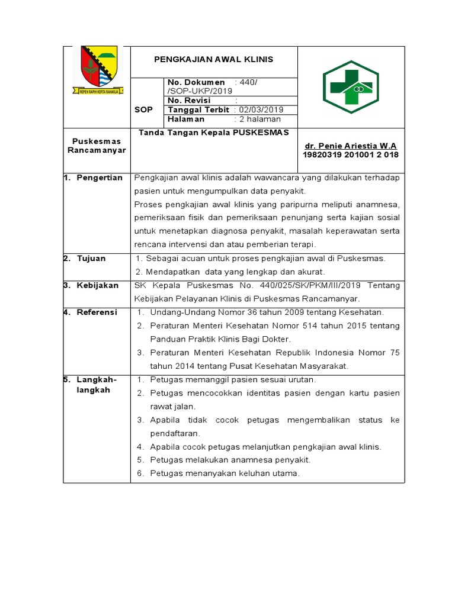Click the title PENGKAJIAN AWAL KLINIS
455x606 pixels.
214,60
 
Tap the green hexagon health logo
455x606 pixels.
351,88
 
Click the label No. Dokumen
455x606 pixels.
197,82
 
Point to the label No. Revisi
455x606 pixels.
190,101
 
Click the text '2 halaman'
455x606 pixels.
260,119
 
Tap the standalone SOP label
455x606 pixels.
144,109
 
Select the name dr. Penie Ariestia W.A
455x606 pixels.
350,146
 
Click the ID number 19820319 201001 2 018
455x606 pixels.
351,155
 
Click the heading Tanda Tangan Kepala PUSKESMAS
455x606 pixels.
214,133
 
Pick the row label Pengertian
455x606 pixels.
100,178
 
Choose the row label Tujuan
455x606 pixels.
91,259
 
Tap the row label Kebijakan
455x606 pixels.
98,285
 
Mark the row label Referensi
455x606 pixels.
97,312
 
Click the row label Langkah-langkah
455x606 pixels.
97,385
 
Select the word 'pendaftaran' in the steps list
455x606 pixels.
175,433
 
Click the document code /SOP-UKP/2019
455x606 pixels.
201,91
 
